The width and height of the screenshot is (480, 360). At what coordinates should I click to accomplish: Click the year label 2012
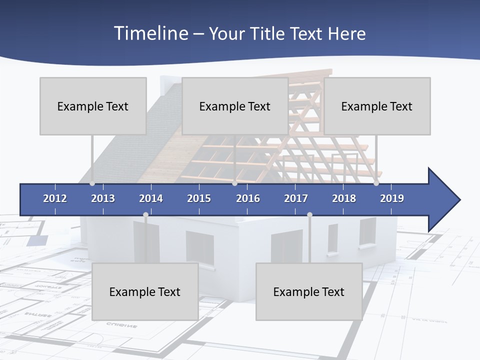(55, 198)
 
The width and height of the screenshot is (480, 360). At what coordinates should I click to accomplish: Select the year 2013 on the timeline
(103, 198)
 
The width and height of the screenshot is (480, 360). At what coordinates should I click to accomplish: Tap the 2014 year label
(151, 198)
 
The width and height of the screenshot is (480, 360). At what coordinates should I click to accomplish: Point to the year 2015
(199, 198)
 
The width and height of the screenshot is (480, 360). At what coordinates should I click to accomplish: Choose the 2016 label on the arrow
(248, 198)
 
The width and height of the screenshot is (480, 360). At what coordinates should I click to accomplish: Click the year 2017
(296, 198)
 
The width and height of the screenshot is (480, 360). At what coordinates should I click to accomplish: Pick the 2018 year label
(344, 198)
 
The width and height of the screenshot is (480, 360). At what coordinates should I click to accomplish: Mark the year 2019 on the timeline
(392, 198)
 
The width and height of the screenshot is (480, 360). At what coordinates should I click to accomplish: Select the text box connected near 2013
(93, 106)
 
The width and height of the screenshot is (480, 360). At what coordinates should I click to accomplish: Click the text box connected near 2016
(235, 106)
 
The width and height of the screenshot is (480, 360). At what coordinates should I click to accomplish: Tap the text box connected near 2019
(377, 106)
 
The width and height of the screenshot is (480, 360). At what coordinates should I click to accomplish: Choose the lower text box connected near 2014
(145, 291)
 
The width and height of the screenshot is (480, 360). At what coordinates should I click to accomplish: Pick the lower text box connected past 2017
(309, 291)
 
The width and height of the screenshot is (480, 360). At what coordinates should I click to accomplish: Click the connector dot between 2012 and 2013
(92, 183)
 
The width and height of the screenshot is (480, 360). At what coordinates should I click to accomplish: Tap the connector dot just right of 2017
(309, 214)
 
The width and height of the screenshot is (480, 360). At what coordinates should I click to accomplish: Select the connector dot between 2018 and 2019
(376, 183)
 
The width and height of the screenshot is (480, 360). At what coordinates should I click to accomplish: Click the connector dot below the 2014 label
(145, 214)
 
